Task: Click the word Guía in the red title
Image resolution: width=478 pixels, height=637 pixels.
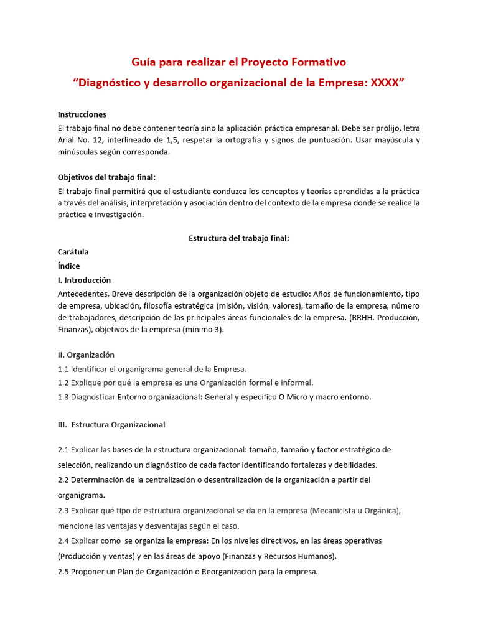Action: tap(143, 62)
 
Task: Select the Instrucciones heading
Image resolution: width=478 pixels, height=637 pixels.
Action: tap(82, 114)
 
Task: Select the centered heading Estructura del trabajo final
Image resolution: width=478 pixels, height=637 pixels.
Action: tap(238, 239)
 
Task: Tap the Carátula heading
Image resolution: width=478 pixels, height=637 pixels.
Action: tap(73, 252)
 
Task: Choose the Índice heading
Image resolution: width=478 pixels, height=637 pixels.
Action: tap(68, 266)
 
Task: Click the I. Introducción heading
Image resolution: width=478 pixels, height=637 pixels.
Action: tap(84, 280)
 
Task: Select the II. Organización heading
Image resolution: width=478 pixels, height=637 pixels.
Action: tap(86, 355)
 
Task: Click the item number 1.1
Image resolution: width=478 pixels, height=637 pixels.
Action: tap(63, 369)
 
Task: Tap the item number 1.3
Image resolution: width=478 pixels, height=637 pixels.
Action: tap(63, 397)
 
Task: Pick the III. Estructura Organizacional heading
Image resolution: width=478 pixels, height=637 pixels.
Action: tap(111, 425)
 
